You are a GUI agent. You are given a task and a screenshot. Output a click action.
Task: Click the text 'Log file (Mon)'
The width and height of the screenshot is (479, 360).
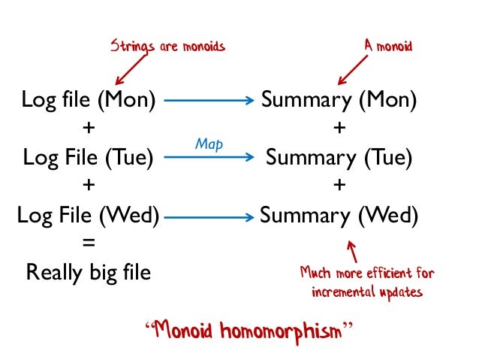[x=89, y=99]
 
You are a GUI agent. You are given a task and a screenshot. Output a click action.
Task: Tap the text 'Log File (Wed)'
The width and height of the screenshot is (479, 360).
[x=89, y=216]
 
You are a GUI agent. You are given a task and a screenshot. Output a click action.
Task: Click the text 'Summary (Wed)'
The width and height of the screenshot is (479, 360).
[x=339, y=216]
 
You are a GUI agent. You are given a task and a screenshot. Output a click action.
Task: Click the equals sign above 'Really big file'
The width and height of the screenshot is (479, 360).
[x=89, y=244]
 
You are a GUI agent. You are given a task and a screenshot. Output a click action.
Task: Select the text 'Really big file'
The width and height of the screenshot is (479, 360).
[x=89, y=272]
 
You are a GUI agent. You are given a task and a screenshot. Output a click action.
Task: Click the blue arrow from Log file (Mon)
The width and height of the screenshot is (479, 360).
[x=208, y=99]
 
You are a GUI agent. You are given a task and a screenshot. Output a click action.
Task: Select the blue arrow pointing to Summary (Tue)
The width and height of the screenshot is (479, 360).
[x=208, y=158]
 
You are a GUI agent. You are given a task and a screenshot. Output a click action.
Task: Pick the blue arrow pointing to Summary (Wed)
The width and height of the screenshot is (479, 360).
[x=208, y=216]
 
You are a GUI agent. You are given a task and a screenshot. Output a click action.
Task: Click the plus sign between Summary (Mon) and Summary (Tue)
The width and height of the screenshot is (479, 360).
[x=339, y=129]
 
